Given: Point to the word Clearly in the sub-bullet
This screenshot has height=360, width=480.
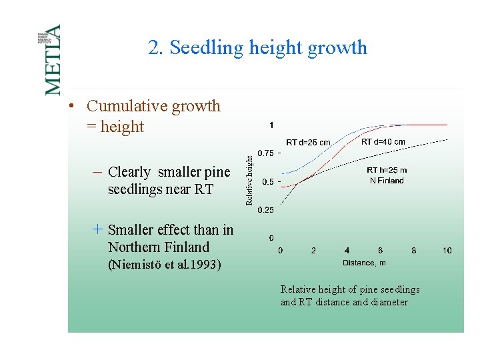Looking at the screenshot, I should click(129, 172).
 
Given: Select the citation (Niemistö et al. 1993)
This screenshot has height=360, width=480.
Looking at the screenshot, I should click(164, 265).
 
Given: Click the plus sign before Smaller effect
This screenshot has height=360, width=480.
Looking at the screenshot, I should click(97, 229).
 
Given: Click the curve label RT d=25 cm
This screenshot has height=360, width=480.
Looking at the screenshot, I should click(308, 142).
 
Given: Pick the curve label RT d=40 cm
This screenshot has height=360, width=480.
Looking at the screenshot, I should click(383, 141).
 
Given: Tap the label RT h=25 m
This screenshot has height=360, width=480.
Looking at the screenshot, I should click(387, 170).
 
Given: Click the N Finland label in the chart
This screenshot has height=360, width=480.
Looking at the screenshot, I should click(387, 181).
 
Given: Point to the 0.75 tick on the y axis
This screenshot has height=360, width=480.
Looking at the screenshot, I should click(265, 153).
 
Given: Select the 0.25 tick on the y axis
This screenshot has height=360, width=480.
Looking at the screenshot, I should click(265, 210).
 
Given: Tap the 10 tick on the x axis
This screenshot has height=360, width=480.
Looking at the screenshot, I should click(447, 250).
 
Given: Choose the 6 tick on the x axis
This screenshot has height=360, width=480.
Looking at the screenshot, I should click(380, 250).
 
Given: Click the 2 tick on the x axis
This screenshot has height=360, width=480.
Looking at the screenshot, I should click(313, 250).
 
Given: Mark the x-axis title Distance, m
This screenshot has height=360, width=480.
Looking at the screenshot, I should click(364, 263).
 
